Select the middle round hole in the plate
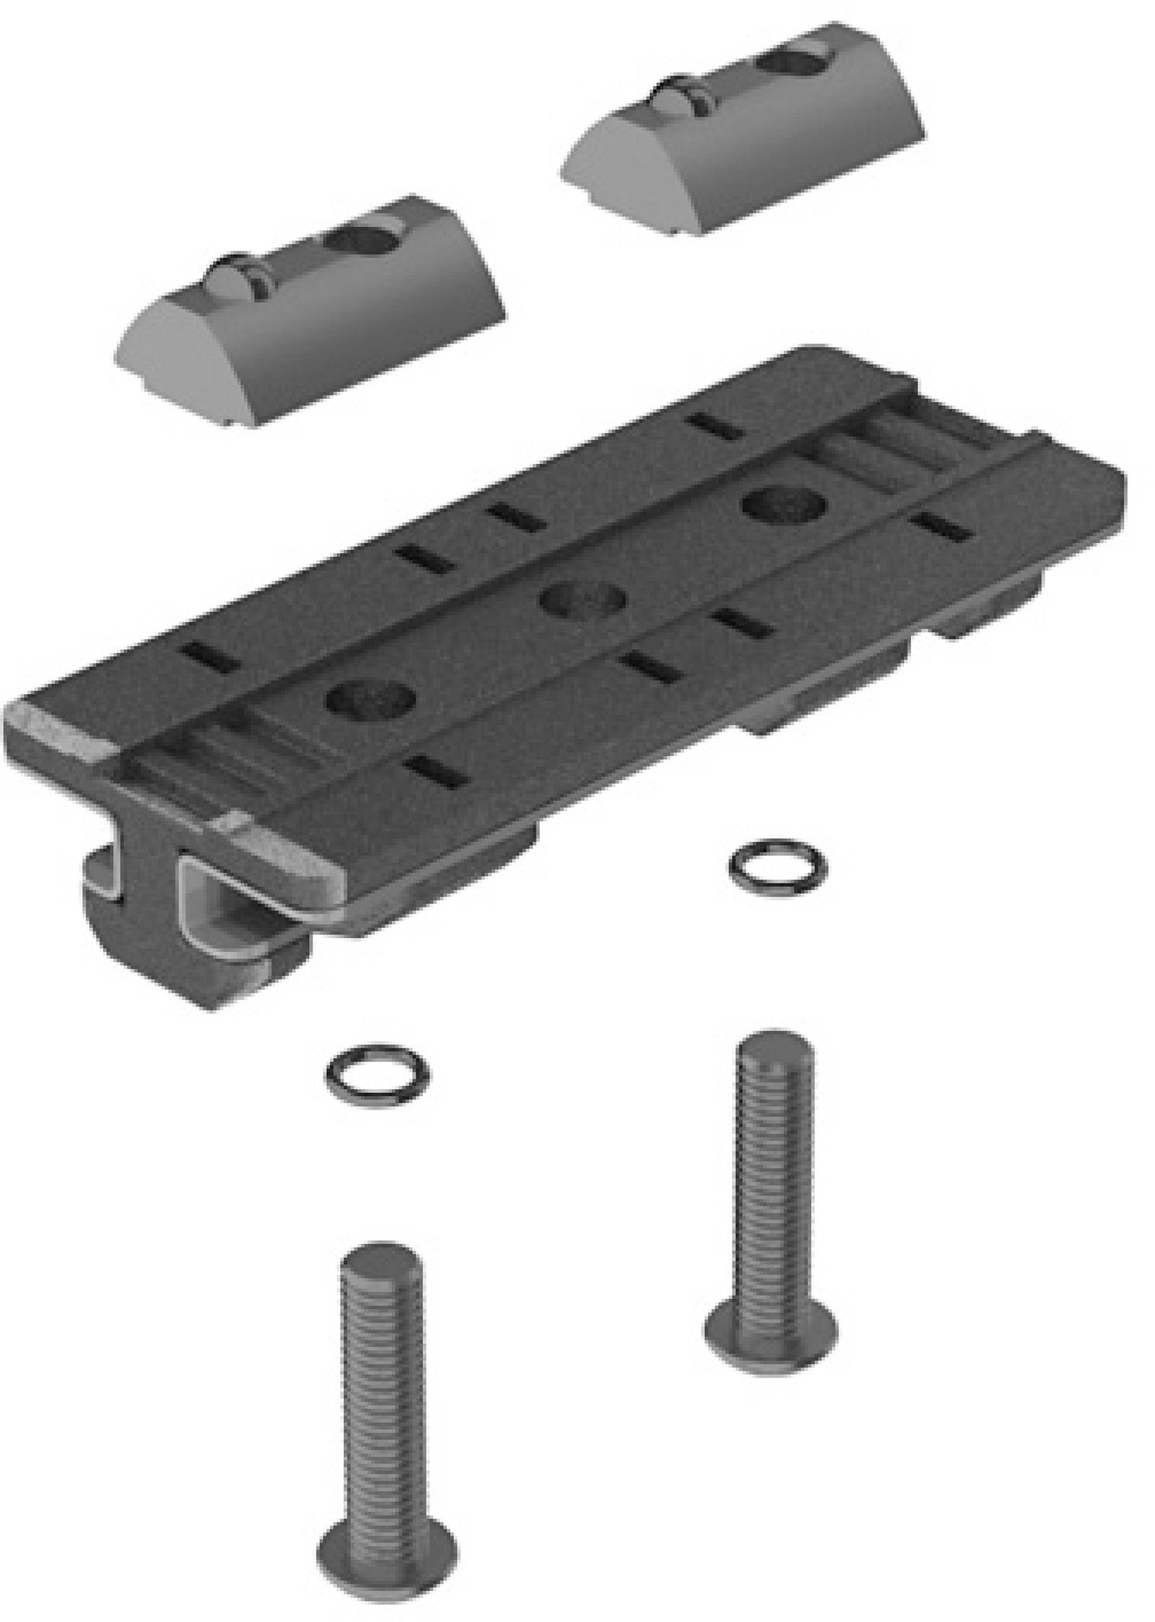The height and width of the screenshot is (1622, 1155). [x=583, y=600]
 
